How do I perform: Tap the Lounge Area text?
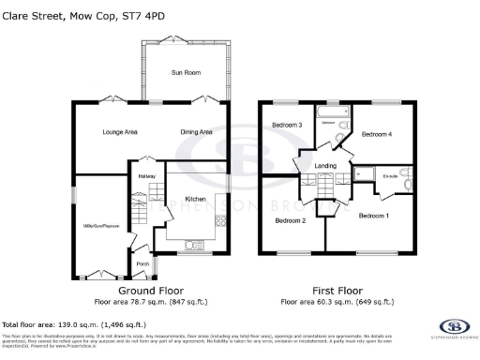tap(120, 132)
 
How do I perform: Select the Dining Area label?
tap(196, 132)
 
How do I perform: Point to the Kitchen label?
tap(194, 199)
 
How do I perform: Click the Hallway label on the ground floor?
tap(146, 175)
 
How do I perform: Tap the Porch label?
tap(142, 263)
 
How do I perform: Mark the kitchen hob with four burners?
tap(220, 221)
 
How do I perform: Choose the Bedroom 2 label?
tap(290, 220)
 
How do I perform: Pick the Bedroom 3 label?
tap(286, 125)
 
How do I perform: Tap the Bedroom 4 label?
tap(378, 134)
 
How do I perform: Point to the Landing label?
tap(325, 166)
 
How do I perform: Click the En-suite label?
tap(391, 173)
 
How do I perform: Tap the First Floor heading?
tap(337, 291)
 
